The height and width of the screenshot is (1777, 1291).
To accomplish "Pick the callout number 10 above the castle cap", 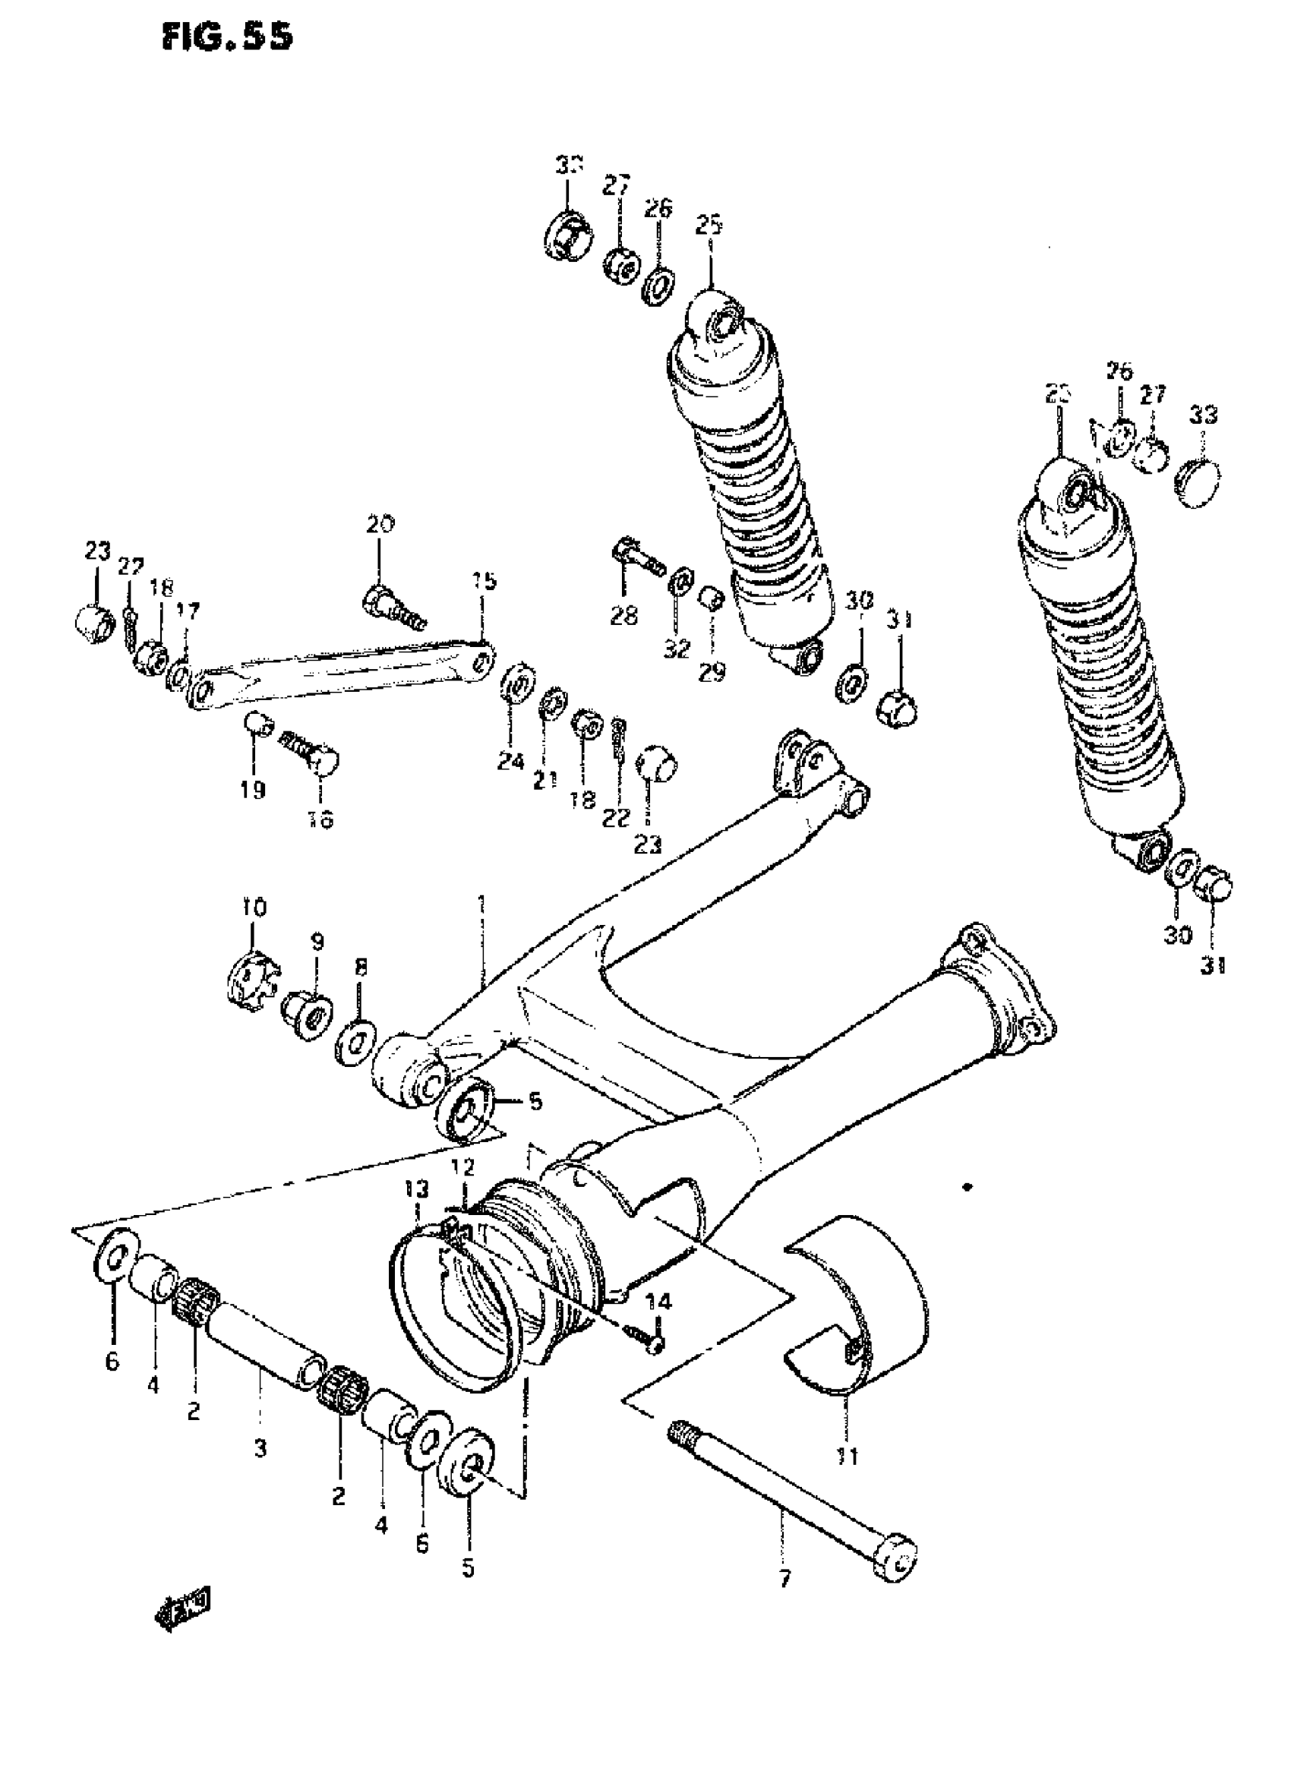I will (x=252, y=908).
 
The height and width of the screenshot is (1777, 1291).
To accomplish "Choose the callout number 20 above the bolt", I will (x=380, y=524).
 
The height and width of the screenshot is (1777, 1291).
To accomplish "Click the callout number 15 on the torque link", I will (x=485, y=582).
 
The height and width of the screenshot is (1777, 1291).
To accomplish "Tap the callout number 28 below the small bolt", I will (x=624, y=616).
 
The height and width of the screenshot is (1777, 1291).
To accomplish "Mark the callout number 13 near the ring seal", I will (x=417, y=1211).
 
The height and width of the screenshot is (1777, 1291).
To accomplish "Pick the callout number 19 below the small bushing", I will (x=252, y=790).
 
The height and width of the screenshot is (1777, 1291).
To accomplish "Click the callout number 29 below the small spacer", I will (x=712, y=671).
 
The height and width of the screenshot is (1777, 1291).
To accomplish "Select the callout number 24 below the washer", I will (x=511, y=760).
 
